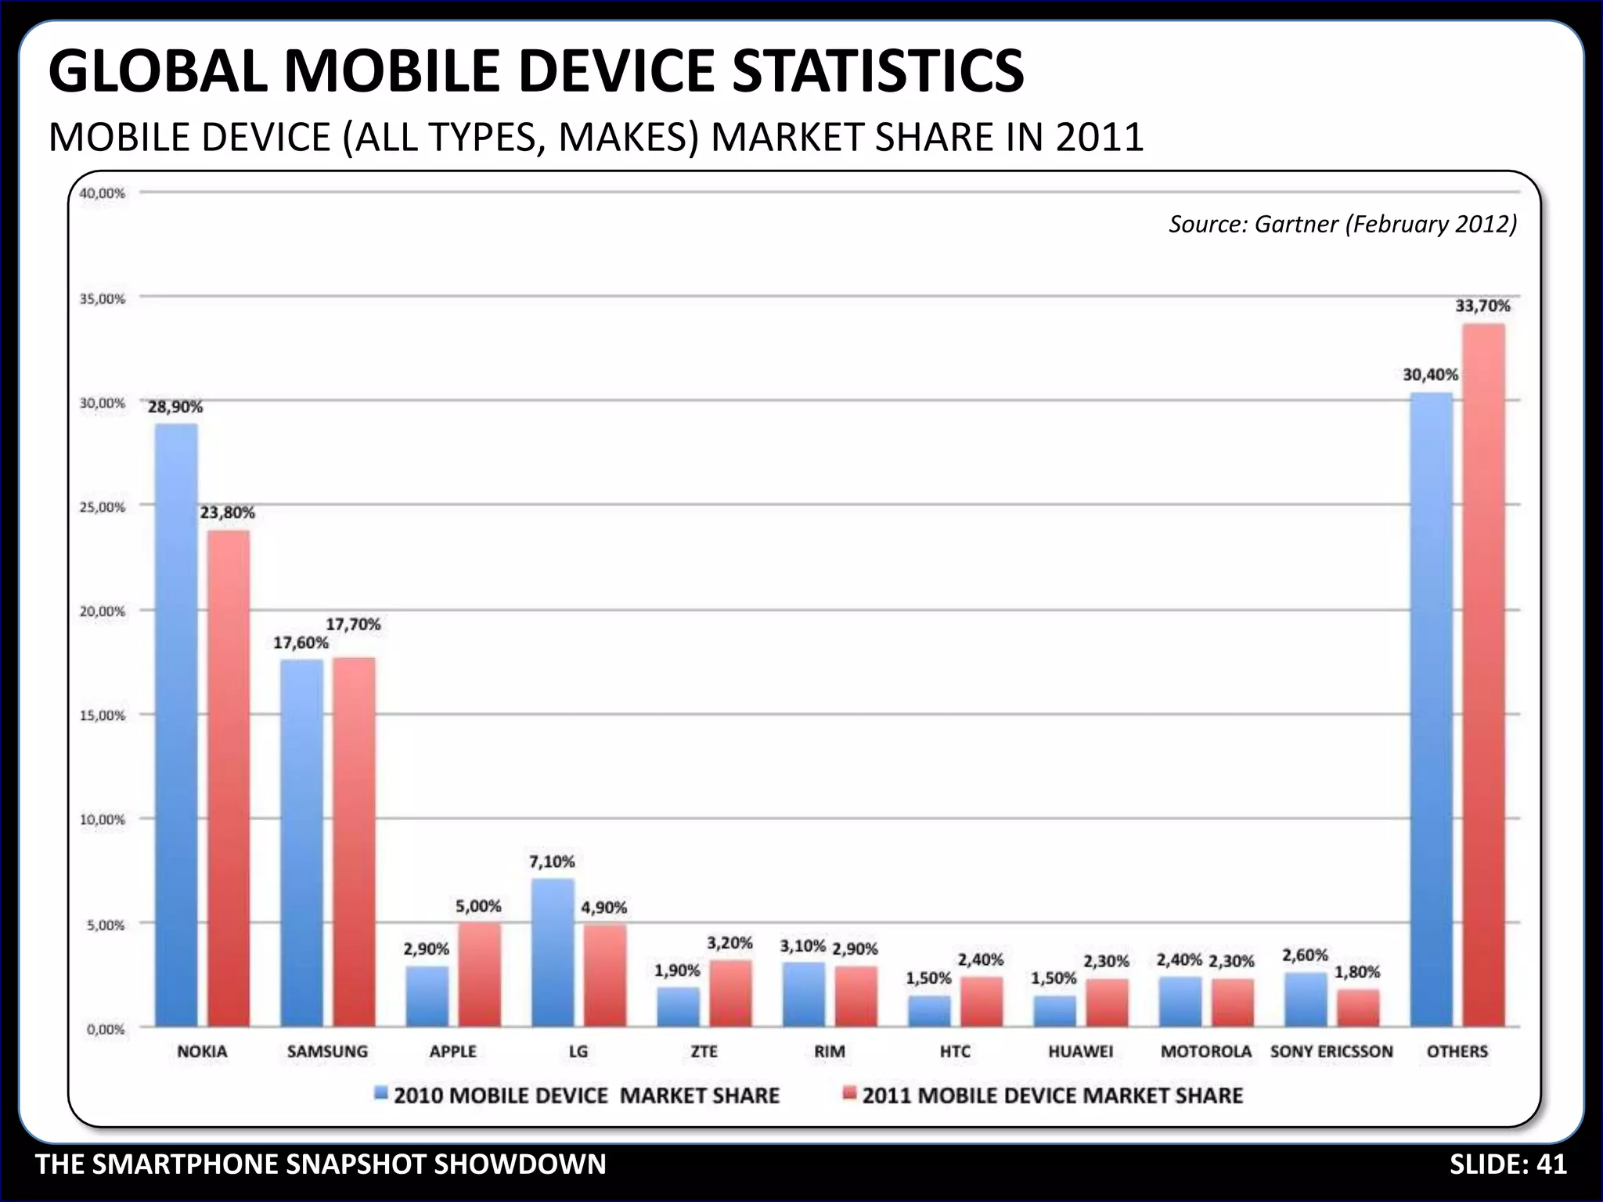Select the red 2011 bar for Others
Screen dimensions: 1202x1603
click(x=1483, y=673)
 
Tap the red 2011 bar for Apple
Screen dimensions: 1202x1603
click(x=479, y=974)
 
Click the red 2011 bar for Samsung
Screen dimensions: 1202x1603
click(x=354, y=841)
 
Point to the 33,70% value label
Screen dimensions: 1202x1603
click(x=1482, y=306)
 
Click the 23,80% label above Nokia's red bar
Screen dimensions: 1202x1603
click(x=227, y=513)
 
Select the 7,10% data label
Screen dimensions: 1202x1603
click(x=552, y=862)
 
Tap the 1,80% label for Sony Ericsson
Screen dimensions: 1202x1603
click(x=1357, y=972)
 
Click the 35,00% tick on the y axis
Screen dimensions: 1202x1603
click(x=103, y=299)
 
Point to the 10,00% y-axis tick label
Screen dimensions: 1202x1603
click(x=103, y=820)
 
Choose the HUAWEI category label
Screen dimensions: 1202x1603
click(x=1080, y=1052)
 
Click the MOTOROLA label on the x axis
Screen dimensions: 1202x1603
click(x=1205, y=1052)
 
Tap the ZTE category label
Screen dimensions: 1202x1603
click(x=704, y=1052)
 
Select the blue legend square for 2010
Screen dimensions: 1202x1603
click(x=381, y=1093)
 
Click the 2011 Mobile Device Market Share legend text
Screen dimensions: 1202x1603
click(x=1052, y=1095)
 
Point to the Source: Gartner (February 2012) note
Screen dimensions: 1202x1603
click(x=1342, y=225)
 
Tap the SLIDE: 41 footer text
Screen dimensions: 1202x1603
click(x=1508, y=1164)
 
